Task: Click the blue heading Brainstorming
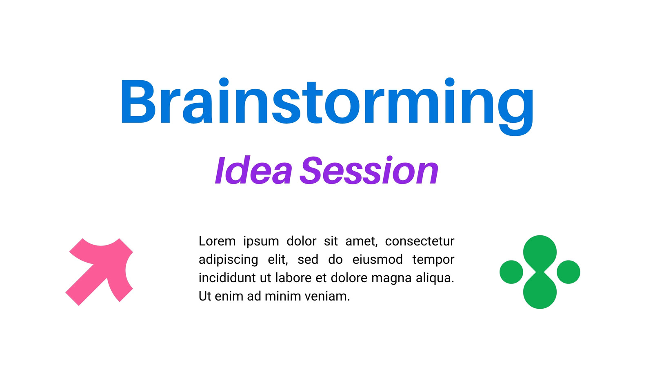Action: pyautogui.click(x=327, y=106)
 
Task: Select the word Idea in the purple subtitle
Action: pyautogui.click(x=253, y=170)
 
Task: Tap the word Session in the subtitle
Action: pyautogui.click(x=369, y=170)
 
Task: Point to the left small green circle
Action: pyautogui.click(x=511, y=272)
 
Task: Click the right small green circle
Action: pyautogui.click(x=569, y=272)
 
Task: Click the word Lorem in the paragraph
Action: pyautogui.click(x=217, y=241)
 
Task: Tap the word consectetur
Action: pyautogui.click(x=420, y=241)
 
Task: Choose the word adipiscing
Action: pyautogui.click(x=228, y=260)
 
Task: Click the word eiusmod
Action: pyautogui.click(x=378, y=259)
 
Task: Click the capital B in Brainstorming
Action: pyautogui.click(x=138, y=102)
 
